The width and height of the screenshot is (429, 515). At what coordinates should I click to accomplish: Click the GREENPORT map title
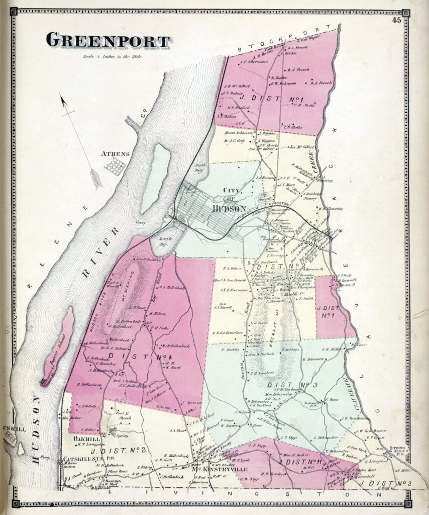(108, 41)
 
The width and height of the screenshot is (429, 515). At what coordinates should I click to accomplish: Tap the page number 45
(398, 20)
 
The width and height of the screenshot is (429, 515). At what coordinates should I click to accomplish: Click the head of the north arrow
(63, 100)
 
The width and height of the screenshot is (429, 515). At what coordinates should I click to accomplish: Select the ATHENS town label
(115, 154)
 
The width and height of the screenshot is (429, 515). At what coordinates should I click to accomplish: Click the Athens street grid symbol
(116, 166)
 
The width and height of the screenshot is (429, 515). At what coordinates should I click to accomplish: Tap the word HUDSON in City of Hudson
(229, 209)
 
